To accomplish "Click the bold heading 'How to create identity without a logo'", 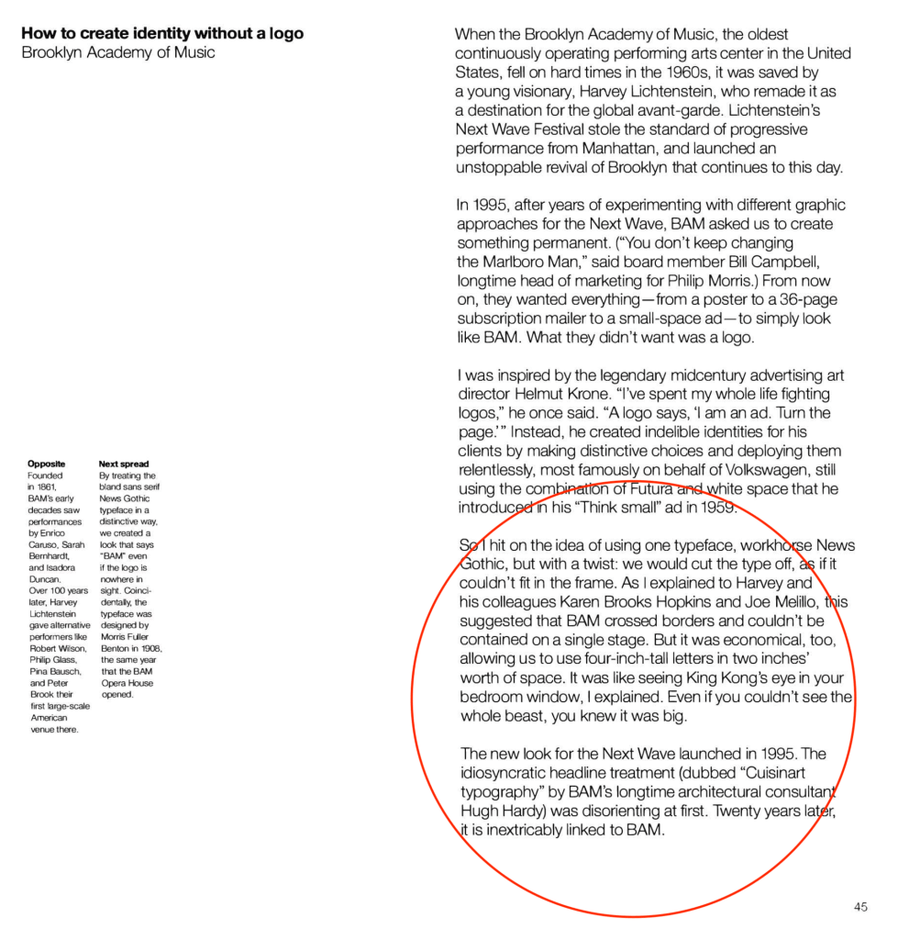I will point(162,34).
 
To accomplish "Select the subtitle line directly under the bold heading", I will point(118,52).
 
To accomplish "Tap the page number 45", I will point(859,907).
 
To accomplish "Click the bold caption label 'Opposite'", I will point(47,464).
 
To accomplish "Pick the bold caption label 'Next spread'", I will point(124,464).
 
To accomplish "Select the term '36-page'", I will point(808,299).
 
